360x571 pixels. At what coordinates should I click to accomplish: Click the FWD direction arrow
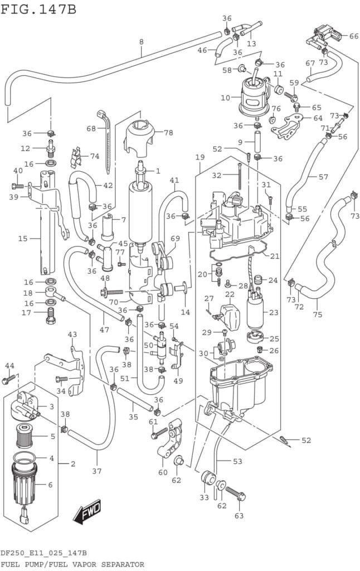coord(89,511)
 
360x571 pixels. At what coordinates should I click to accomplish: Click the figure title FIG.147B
coord(38,9)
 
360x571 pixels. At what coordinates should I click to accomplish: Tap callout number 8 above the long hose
coord(141,42)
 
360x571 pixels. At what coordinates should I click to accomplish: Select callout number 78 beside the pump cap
coord(168,133)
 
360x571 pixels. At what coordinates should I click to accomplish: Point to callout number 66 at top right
coord(354,36)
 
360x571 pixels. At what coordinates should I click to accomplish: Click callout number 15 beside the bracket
coord(22,239)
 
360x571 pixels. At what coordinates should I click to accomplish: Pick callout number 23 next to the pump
coord(273,313)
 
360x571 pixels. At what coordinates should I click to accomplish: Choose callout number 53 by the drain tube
coord(237,461)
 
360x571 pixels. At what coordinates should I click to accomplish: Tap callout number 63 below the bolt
coord(240,516)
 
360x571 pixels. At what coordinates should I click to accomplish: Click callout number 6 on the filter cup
coord(50,485)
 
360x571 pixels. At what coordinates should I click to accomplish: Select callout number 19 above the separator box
coord(200,158)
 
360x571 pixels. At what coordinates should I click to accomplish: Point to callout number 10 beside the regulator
coord(225,98)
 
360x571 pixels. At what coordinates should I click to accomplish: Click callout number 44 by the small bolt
coord(9,365)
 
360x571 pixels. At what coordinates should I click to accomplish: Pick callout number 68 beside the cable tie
coord(91,129)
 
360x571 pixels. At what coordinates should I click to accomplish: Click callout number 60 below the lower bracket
coord(163,472)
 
